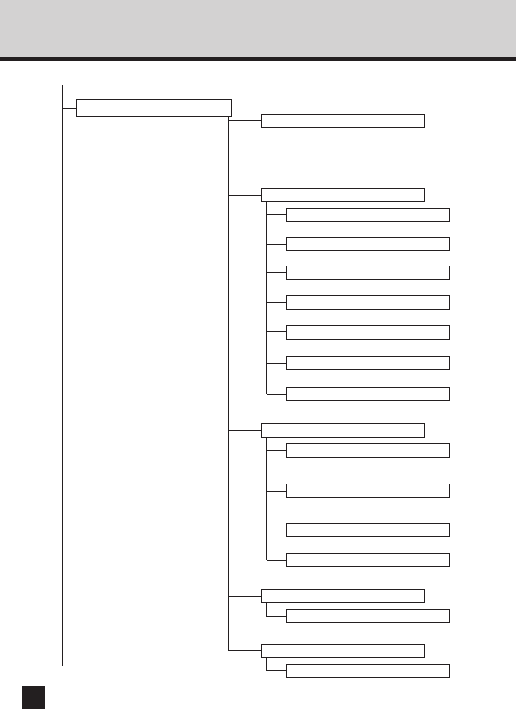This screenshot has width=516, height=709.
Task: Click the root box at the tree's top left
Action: tap(154, 108)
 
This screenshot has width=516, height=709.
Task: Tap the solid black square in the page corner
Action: tap(34, 697)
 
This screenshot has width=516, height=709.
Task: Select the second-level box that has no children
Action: tap(342, 121)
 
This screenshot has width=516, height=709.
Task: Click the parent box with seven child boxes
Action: tap(342, 195)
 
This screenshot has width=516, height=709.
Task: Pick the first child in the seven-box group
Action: tap(368, 215)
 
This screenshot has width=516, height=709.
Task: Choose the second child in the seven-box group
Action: tap(368, 244)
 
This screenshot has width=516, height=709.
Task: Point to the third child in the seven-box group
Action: tap(368, 273)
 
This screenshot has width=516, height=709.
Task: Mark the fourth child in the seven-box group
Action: tap(368, 302)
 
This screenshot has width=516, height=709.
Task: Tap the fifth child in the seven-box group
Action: tap(367, 332)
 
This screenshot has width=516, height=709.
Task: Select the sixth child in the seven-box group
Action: tap(368, 363)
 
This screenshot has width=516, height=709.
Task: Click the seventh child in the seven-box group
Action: tap(368, 394)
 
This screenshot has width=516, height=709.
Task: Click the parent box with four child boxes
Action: tap(342, 430)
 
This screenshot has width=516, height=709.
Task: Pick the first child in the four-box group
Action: tap(368, 450)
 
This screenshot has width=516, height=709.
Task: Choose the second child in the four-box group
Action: tap(368, 490)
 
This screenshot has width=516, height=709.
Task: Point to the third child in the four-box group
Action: tap(368, 530)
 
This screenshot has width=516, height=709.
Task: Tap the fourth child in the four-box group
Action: tap(368, 560)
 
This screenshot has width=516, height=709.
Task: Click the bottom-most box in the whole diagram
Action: tap(368, 671)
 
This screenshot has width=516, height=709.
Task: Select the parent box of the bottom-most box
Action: tap(342, 651)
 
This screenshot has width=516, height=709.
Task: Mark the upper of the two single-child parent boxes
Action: tap(342, 596)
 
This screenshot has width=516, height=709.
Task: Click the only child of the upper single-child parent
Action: tap(368, 616)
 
